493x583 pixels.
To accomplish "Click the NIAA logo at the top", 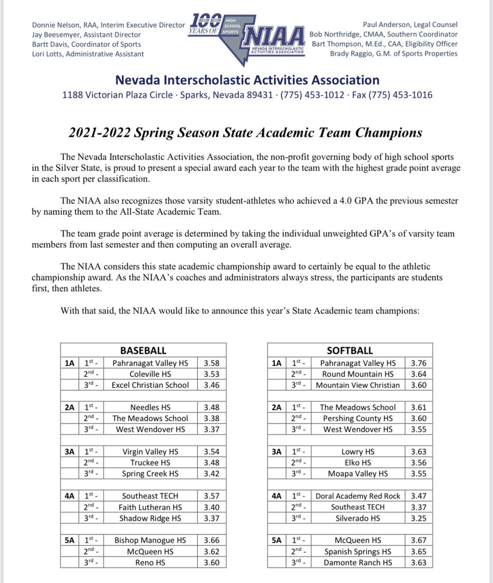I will (x=248, y=35).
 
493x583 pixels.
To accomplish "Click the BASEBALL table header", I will (x=143, y=350).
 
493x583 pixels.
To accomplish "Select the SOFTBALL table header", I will (x=357, y=350).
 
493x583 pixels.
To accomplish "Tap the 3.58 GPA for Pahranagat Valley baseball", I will (x=212, y=363).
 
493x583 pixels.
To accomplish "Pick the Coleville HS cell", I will (x=150, y=374).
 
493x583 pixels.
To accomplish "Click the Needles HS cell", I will (x=150, y=407).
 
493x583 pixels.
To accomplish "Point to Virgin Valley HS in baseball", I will (x=150, y=452).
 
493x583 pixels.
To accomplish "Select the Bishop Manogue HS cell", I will (x=150, y=540).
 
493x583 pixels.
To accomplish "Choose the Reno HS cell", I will (x=150, y=563).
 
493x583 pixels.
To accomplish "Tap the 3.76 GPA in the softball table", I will (x=419, y=363).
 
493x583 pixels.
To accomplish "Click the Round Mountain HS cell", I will (x=358, y=374).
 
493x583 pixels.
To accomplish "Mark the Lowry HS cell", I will (x=358, y=452).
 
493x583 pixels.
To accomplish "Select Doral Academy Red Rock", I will (x=358, y=496).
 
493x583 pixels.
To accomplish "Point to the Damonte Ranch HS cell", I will (x=358, y=563).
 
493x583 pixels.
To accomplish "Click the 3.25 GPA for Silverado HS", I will (x=419, y=518).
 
